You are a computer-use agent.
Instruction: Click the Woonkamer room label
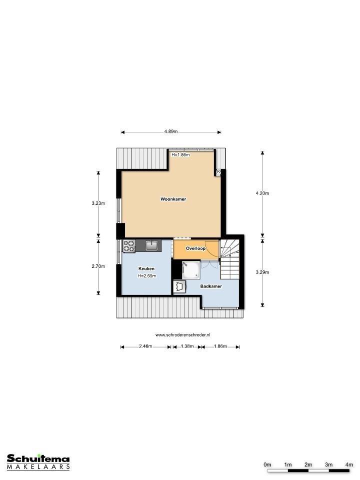pyautogui.click(x=173, y=199)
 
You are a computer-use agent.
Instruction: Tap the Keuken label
pyautogui.click(x=146, y=269)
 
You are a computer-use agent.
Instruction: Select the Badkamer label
pyautogui.click(x=211, y=286)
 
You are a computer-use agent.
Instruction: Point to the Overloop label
pyautogui.click(x=195, y=248)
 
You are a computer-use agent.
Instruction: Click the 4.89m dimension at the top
pyautogui.click(x=171, y=131)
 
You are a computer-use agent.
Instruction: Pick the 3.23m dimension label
pyautogui.click(x=98, y=203)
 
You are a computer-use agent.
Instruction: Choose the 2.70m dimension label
pyautogui.click(x=98, y=266)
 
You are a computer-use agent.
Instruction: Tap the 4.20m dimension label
pyautogui.click(x=262, y=193)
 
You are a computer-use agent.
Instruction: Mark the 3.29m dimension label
pyautogui.click(x=262, y=272)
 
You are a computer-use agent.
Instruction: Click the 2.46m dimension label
pyautogui.click(x=145, y=346)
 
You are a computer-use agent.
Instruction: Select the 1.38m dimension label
pyautogui.click(x=187, y=346)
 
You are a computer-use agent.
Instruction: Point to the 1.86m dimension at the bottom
pyautogui.click(x=220, y=346)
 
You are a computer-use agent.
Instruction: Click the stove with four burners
pyautogui.click(x=129, y=246)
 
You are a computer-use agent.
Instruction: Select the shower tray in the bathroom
pyautogui.click(x=191, y=270)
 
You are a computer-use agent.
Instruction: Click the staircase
pyautogui.click(x=229, y=259)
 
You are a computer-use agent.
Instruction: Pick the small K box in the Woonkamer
pyautogui.click(x=218, y=171)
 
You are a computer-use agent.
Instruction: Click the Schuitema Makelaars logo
pyautogui.click(x=38, y=462)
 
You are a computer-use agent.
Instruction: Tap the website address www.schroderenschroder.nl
pyautogui.click(x=183, y=335)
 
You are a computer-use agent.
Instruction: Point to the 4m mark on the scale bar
pyautogui.click(x=349, y=464)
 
